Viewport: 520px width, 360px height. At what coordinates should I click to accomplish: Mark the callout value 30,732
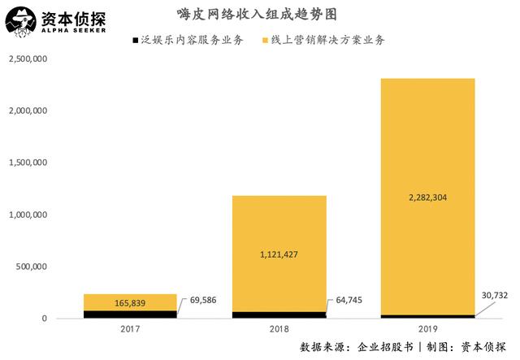pos(492,295)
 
